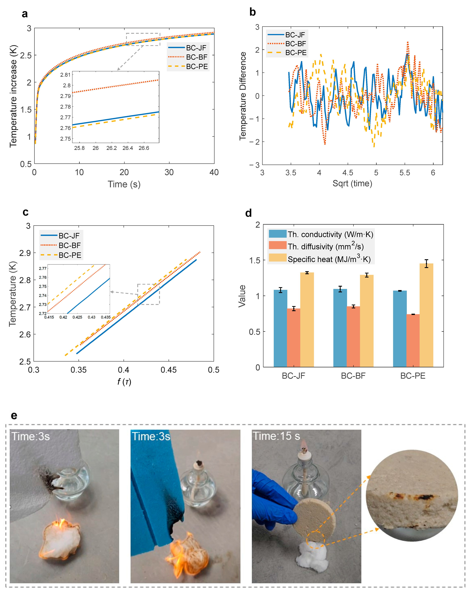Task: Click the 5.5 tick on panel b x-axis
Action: coord(405,173)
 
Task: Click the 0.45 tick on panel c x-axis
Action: coord(169,370)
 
